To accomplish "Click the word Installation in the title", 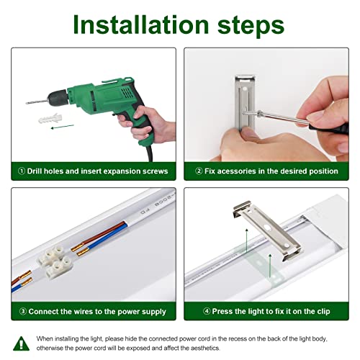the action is [141, 24].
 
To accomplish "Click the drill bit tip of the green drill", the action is [27, 103].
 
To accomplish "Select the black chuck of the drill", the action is [58, 98].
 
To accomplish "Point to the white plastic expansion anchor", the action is [50, 118].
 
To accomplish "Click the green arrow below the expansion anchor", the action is [62, 127].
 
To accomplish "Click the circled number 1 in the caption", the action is [22, 171].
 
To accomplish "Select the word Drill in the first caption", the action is [35, 171].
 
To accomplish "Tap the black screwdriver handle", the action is [330, 129].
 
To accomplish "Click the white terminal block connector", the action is [54, 262].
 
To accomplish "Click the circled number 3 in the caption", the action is [22, 312].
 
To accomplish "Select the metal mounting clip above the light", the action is [268, 230].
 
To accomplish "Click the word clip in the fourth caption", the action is [323, 312].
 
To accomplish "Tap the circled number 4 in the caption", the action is [207, 311].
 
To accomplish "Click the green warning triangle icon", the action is [22, 343].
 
